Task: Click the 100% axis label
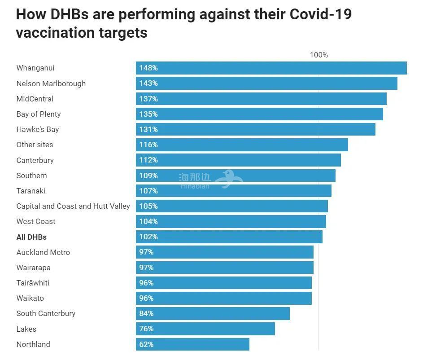(318, 55)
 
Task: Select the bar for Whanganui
(271, 68)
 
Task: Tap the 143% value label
(148, 83)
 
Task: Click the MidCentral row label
(35, 99)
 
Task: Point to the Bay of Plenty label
(39, 114)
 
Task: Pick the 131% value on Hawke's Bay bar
(148, 129)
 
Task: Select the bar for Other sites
(242, 145)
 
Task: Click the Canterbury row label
(35, 160)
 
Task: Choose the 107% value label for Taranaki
(148, 191)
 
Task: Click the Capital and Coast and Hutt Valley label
(73, 206)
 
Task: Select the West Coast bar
(231, 222)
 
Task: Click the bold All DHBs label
(31, 237)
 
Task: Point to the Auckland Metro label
(43, 252)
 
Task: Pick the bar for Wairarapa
(224, 268)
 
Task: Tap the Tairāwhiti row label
(33, 283)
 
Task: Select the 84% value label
(146, 313)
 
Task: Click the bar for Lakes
(205, 329)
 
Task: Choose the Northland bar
(192, 344)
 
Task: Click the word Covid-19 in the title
(321, 14)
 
